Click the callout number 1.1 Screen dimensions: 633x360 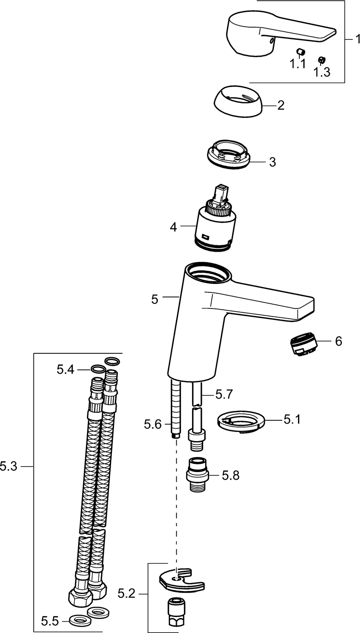click(x=297, y=64)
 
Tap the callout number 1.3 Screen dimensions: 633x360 click(x=321, y=72)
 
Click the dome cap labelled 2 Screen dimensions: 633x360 click(x=237, y=104)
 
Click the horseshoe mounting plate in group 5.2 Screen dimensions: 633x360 click(x=182, y=580)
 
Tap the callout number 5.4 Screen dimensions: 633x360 click(x=65, y=370)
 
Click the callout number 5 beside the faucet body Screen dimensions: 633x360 click(x=155, y=299)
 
